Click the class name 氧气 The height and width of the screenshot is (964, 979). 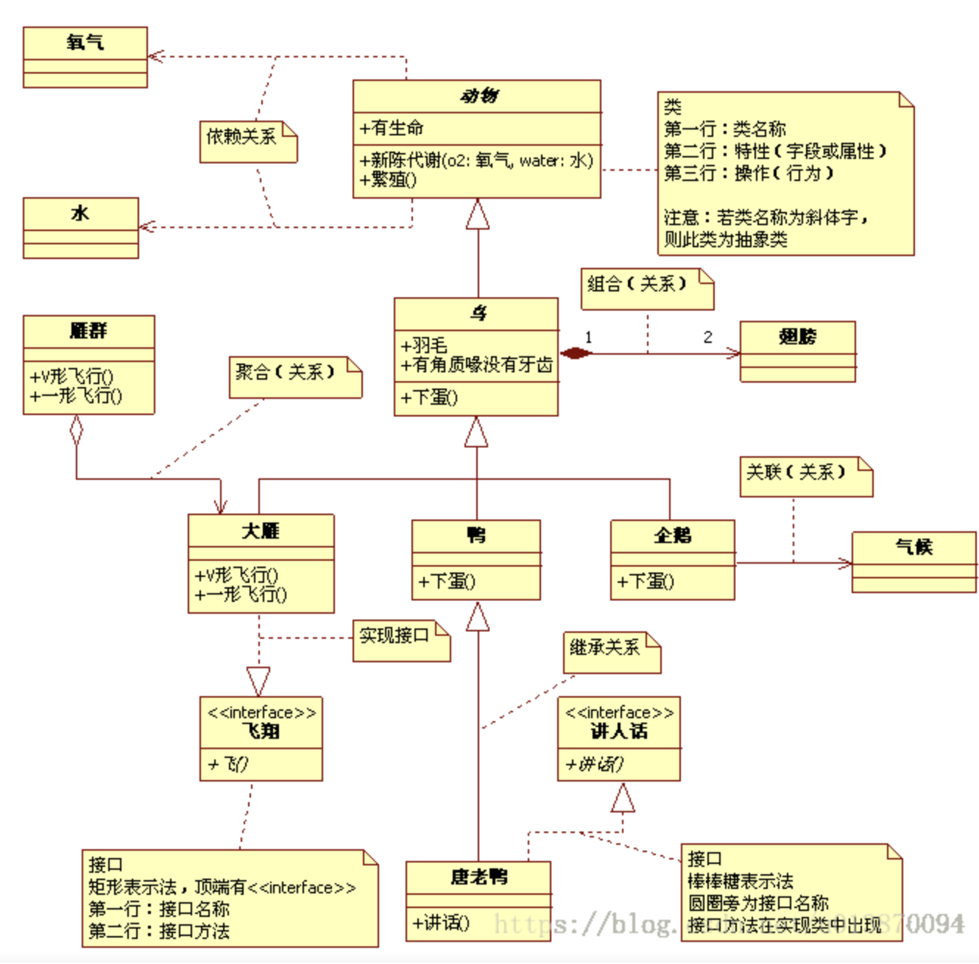pyautogui.click(x=85, y=43)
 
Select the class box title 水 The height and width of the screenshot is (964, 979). pyautogui.click(x=80, y=213)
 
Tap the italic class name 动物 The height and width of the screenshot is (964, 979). pyautogui.click(x=478, y=96)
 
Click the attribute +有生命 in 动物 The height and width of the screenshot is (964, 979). pyautogui.click(x=392, y=128)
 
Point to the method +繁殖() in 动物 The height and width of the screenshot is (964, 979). pyautogui.click(x=389, y=179)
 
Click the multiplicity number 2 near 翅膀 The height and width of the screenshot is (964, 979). pyautogui.click(x=707, y=338)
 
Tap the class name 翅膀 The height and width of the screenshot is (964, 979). pyautogui.click(x=797, y=337)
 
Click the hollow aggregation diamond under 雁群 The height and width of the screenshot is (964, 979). pyautogui.click(x=76, y=430)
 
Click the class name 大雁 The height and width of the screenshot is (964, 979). pyautogui.click(x=261, y=531)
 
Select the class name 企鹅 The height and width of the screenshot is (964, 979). pyautogui.click(x=673, y=535)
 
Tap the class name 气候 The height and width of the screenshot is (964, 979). pyautogui.click(x=913, y=547)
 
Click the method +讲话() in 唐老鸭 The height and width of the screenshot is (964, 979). pyautogui.click(x=441, y=922)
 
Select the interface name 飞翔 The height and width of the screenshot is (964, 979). pyautogui.click(x=261, y=731)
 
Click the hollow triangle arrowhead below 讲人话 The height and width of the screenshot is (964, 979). pyautogui.click(x=623, y=799)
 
